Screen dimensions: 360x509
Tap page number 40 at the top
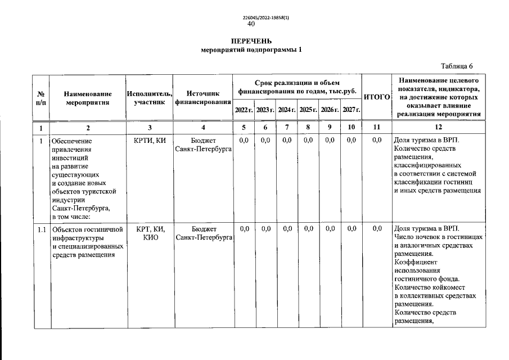coord(251,24)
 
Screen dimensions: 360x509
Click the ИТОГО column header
coord(377,97)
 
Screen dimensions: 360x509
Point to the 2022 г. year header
coord(244,110)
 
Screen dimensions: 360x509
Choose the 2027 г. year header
coord(351,110)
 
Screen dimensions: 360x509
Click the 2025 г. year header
coord(308,110)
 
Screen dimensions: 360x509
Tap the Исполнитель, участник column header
coord(149,98)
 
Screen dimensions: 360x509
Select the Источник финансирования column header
coord(203,98)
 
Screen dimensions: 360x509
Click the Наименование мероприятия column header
coord(87,98)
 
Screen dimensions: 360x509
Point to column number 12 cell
coord(438,128)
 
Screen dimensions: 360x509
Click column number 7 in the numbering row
coord(287,128)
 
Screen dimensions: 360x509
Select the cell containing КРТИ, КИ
coord(150,141)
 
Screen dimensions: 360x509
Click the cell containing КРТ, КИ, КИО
coord(150,233)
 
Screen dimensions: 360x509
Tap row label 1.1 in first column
coord(41,229)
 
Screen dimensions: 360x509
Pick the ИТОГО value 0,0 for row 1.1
coord(377,229)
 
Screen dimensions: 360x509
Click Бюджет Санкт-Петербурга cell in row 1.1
coord(204,233)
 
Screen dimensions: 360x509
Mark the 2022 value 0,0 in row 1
coord(244,140)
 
